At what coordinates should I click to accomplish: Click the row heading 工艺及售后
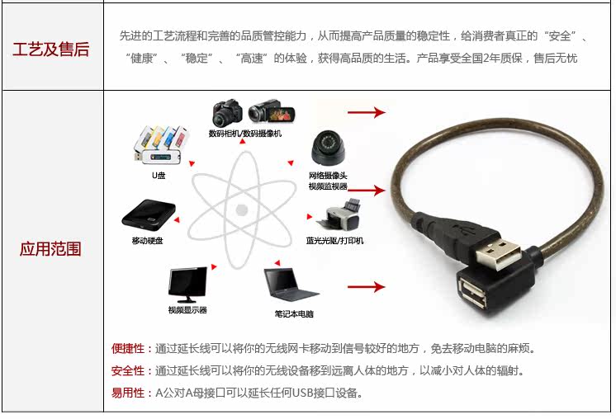(x=51, y=49)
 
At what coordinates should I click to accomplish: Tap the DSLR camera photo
(x=227, y=113)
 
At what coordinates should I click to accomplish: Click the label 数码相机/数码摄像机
(x=245, y=133)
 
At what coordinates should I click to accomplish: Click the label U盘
(x=158, y=175)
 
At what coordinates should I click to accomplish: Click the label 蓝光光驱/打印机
(x=334, y=241)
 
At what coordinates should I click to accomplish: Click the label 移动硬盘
(x=148, y=241)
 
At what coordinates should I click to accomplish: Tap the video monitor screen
(x=187, y=285)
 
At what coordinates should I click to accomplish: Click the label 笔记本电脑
(x=294, y=313)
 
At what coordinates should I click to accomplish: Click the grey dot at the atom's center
(x=242, y=209)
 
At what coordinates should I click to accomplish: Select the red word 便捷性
(x=128, y=348)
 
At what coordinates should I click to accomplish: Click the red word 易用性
(x=128, y=393)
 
